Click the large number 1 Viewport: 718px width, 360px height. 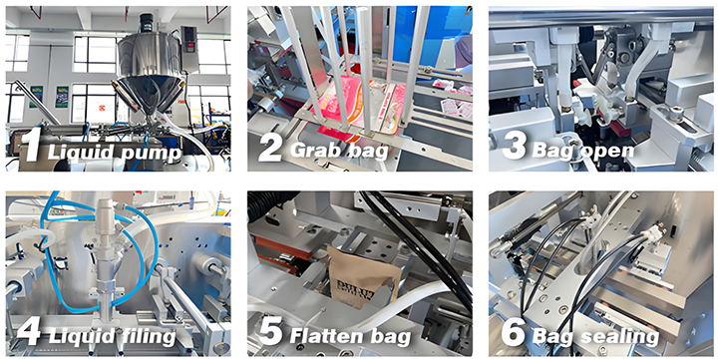tap(34, 146)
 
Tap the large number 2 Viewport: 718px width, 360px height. tap(269, 146)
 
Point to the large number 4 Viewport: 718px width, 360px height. tap(28, 331)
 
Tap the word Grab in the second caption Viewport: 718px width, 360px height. tap(316, 151)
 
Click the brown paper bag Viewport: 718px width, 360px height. tap(364, 276)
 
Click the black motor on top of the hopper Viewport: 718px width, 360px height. tap(147, 20)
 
